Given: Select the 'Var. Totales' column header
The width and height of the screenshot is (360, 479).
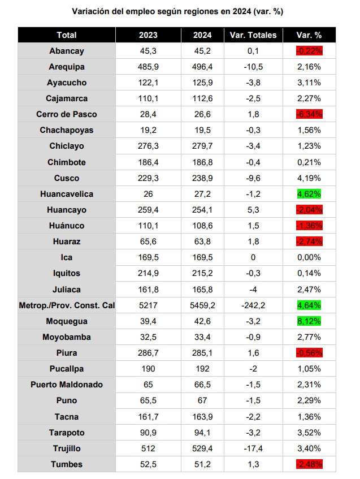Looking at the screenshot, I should point(253,35).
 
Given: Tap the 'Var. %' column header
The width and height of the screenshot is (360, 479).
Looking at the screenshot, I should point(309,35).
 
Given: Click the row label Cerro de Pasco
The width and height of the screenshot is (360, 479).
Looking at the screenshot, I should point(66,114).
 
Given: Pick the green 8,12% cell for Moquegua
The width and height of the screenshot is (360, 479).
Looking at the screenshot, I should point(309,321).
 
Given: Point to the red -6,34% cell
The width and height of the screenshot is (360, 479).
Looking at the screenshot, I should point(309,114).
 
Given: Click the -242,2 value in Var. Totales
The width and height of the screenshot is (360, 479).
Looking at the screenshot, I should point(253,305).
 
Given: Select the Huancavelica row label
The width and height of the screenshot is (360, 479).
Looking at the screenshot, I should point(66,194).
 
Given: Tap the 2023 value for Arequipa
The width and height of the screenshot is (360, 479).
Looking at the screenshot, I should point(148,67).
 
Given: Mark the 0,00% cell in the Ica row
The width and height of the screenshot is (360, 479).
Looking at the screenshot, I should point(309,257).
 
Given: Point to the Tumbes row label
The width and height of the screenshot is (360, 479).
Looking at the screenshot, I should point(66,464).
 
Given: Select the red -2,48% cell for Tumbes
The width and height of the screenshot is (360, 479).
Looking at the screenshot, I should point(309,464).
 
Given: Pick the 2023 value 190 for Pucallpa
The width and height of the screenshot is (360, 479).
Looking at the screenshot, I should point(148,369).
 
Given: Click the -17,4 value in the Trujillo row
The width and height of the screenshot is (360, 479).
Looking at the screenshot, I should point(253,448).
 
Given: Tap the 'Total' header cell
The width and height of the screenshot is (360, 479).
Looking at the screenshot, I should point(66,35).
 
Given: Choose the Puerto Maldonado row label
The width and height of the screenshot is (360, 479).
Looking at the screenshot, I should point(66,385).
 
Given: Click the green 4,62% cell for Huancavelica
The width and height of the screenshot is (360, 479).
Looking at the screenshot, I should point(309,194).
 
